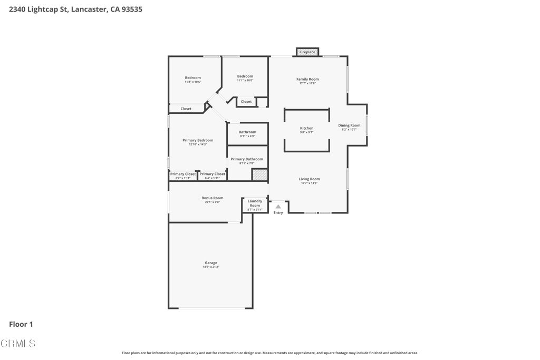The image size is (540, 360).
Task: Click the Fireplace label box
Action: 307,52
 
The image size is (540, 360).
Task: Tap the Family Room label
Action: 307,79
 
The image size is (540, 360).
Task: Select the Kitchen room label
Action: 306,128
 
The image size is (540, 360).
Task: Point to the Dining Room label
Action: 349,125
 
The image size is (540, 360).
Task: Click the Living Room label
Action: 309,179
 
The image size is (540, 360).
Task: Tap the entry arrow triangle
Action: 278,207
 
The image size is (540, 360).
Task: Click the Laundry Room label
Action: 255,203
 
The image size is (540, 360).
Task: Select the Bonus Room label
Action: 212,198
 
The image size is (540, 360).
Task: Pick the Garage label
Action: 210,262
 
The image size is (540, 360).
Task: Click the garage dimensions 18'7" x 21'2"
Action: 210,267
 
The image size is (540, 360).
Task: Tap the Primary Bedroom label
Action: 198,140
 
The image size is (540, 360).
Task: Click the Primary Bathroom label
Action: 246,159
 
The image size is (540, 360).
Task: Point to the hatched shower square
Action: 259,175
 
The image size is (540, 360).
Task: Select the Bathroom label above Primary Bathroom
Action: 247,132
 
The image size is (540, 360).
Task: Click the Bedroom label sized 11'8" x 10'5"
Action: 192,78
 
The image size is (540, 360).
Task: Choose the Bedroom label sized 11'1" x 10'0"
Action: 245,76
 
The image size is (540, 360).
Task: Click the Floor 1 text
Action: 21,325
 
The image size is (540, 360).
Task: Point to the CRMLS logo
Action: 18,344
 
